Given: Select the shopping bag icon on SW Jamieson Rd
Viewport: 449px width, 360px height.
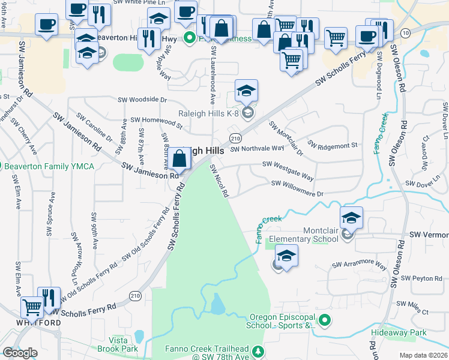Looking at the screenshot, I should [179, 160].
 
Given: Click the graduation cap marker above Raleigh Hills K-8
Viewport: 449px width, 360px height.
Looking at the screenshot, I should [246, 92].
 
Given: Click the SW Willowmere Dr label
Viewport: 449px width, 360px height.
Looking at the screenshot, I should [297, 188].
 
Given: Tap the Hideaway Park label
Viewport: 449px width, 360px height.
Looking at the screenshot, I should [418, 332].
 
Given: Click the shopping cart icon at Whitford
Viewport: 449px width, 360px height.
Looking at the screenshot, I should [32, 308].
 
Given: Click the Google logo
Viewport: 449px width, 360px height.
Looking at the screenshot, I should [20, 352].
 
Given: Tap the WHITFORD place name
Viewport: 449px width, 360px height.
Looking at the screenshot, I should [30, 323].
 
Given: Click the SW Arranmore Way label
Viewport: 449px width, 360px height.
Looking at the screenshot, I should [360, 263].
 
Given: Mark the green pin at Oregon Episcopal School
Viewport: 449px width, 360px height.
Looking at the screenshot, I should [325, 321].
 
